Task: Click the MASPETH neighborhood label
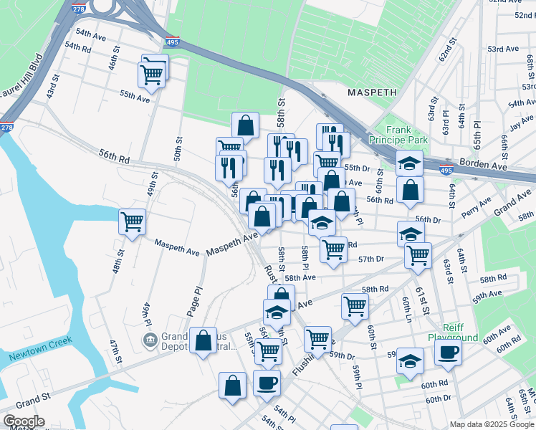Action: (x=373, y=92)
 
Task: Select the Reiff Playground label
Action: (x=453, y=332)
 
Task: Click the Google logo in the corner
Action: (x=23, y=421)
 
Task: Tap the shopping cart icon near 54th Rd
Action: (x=152, y=72)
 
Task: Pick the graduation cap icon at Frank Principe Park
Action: (x=409, y=163)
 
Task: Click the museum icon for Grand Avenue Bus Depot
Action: (x=150, y=338)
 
